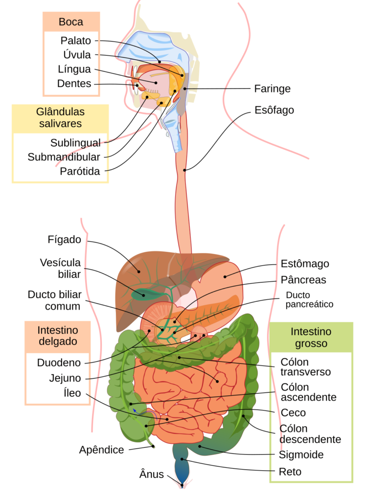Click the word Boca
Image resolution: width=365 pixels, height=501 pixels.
[x=71, y=22]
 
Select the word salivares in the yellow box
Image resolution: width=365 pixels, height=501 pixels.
[x=60, y=124]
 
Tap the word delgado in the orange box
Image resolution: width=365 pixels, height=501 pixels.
[x=58, y=342]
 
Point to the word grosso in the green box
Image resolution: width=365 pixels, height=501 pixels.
[x=311, y=343]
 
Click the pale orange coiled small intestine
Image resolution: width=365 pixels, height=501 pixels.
[x=191, y=391]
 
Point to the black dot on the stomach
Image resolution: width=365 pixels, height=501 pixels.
[x=226, y=276]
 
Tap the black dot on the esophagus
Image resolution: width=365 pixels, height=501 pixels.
[x=185, y=170]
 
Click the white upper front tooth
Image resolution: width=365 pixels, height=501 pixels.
[x=133, y=78]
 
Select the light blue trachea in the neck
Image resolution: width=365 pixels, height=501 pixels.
[x=174, y=130]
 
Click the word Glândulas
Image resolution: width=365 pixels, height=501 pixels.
[x=60, y=112]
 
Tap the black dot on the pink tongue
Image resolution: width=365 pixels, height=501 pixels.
[x=156, y=82]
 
